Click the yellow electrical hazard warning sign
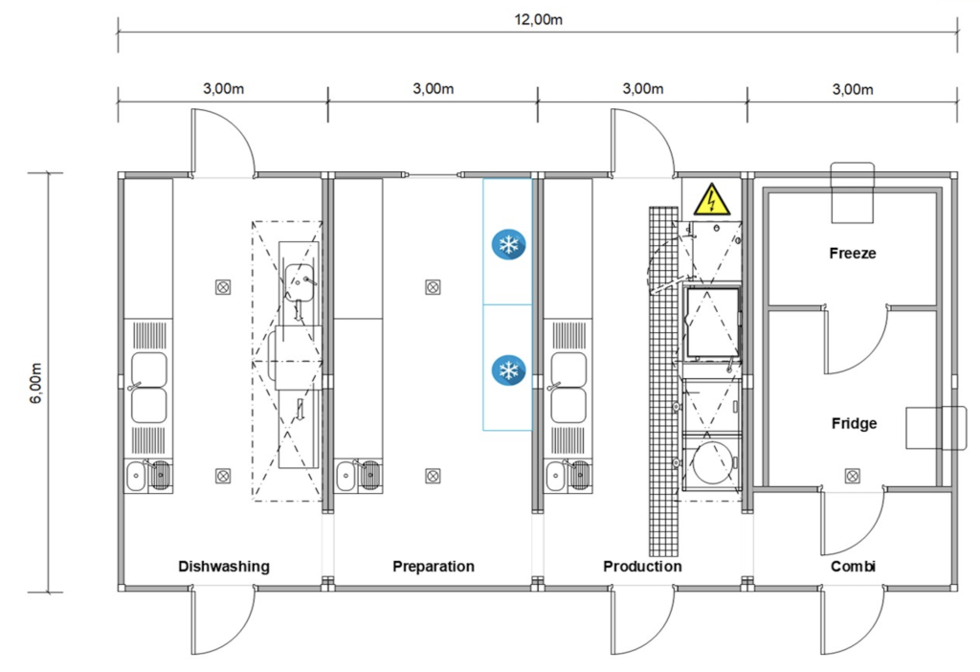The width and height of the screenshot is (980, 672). pyautogui.click(x=711, y=199)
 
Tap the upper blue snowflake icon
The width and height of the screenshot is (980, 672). pyautogui.click(x=508, y=244)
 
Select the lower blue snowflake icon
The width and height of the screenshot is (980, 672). pyautogui.click(x=508, y=370)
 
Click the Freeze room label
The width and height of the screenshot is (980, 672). pyautogui.click(x=853, y=253)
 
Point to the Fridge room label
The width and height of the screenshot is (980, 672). pyautogui.click(x=854, y=424)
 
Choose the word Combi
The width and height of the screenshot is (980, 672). pyautogui.click(x=853, y=567)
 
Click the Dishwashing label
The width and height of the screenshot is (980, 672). pyautogui.click(x=224, y=567)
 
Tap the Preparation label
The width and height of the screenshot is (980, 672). pyautogui.click(x=434, y=567)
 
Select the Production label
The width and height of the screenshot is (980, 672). pyautogui.click(x=642, y=567)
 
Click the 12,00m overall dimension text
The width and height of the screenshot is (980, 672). pyautogui.click(x=538, y=19)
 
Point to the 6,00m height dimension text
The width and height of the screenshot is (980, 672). pyautogui.click(x=36, y=383)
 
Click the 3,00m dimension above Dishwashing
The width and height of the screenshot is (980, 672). pyautogui.click(x=223, y=89)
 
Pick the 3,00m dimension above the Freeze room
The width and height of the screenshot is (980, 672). pyautogui.click(x=853, y=89)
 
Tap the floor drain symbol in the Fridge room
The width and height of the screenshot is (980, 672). pyautogui.click(x=852, y=477)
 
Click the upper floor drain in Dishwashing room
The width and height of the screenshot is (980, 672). pyautogui.click(x=223, y=287)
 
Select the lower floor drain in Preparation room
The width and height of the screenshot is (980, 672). pyautogui.click(x=433, y=476)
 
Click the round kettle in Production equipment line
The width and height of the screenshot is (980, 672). pyautogui.click(x=712, y=462)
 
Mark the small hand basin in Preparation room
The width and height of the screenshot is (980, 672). pyautogui.click(x=345, y=477)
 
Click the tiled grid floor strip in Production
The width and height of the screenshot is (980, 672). pyautogui.click(x=664, y=381)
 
